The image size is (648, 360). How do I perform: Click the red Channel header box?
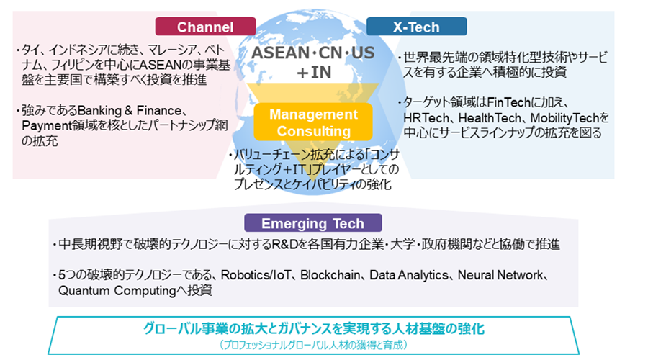click(205, 27)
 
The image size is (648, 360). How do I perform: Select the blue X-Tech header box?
click(417, 27)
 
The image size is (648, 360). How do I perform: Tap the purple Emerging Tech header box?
click(313, 223)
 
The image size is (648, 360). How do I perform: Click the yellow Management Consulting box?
click(313, 122)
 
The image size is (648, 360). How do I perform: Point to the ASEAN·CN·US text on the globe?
click(313, 53)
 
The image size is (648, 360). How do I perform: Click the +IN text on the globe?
click(314, 73)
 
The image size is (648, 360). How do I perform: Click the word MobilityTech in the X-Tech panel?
click(564, 118)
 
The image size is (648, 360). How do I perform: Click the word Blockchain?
click(330, 275)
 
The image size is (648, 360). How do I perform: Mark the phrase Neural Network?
click(500, 275)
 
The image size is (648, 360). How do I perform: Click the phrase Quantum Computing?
click(117, 291)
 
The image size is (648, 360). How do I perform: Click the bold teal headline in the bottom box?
click(314, 328)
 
